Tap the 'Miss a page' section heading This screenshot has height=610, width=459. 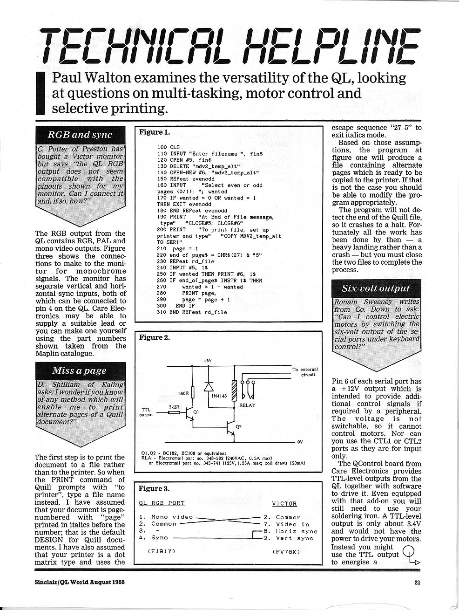79,370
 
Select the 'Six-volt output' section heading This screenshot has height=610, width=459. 376,288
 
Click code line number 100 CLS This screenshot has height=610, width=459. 168,147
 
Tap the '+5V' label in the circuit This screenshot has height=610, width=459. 208,360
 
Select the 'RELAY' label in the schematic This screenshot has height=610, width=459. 247,405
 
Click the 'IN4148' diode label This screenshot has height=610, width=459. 219,396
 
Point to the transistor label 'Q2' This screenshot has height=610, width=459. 239,426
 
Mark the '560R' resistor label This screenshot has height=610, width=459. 183,393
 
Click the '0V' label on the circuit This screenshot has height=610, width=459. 300,442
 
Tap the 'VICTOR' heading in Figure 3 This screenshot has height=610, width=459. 284,503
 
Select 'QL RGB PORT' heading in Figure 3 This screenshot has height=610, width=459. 162,503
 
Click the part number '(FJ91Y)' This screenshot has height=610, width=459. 161,551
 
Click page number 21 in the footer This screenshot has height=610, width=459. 418,581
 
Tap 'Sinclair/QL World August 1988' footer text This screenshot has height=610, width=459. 80,581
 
